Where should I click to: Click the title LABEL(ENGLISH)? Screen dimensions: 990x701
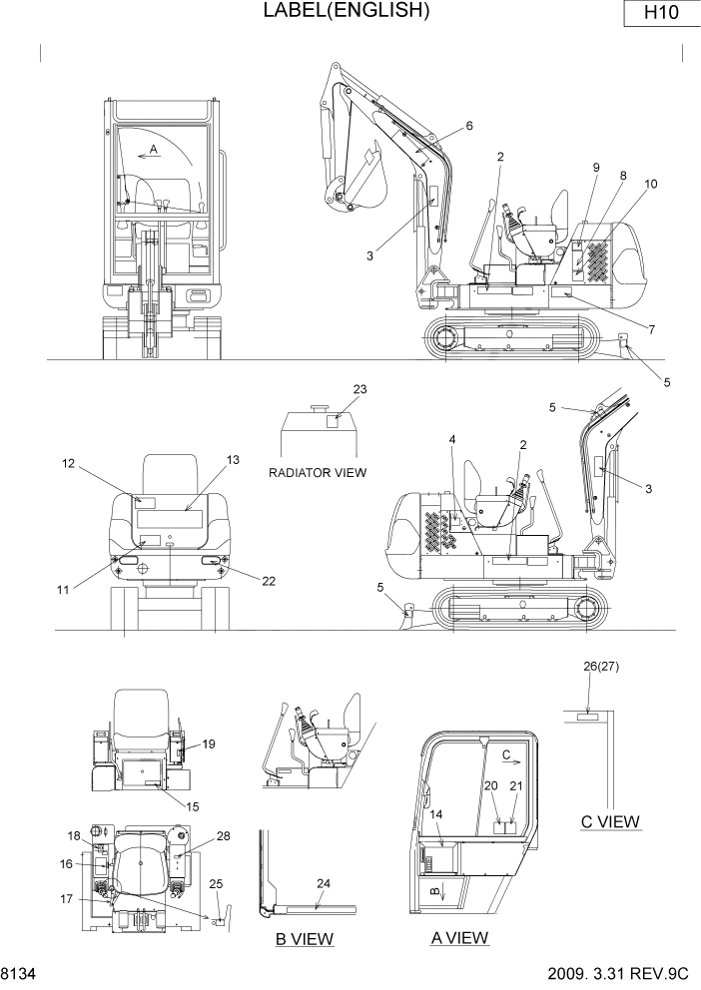(346, 11)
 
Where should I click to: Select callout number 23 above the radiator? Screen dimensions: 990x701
(360, 389)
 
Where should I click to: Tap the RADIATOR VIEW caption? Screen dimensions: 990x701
(317, 472)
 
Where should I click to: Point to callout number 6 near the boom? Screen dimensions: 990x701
(469, 126)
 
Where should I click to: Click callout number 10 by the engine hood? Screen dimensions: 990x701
(651, 184)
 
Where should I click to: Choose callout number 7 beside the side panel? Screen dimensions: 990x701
(651, 328)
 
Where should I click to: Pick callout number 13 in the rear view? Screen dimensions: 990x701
(233, 460)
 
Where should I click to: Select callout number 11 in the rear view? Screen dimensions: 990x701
(63, 590)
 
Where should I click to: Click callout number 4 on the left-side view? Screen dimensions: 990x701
(451, 439)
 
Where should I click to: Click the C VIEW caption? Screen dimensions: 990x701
(610, 822)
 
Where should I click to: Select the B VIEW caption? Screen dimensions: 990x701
(305, 938)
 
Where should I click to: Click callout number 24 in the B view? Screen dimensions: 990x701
(323, 882)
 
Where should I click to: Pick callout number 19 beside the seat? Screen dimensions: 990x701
(210, 743)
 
